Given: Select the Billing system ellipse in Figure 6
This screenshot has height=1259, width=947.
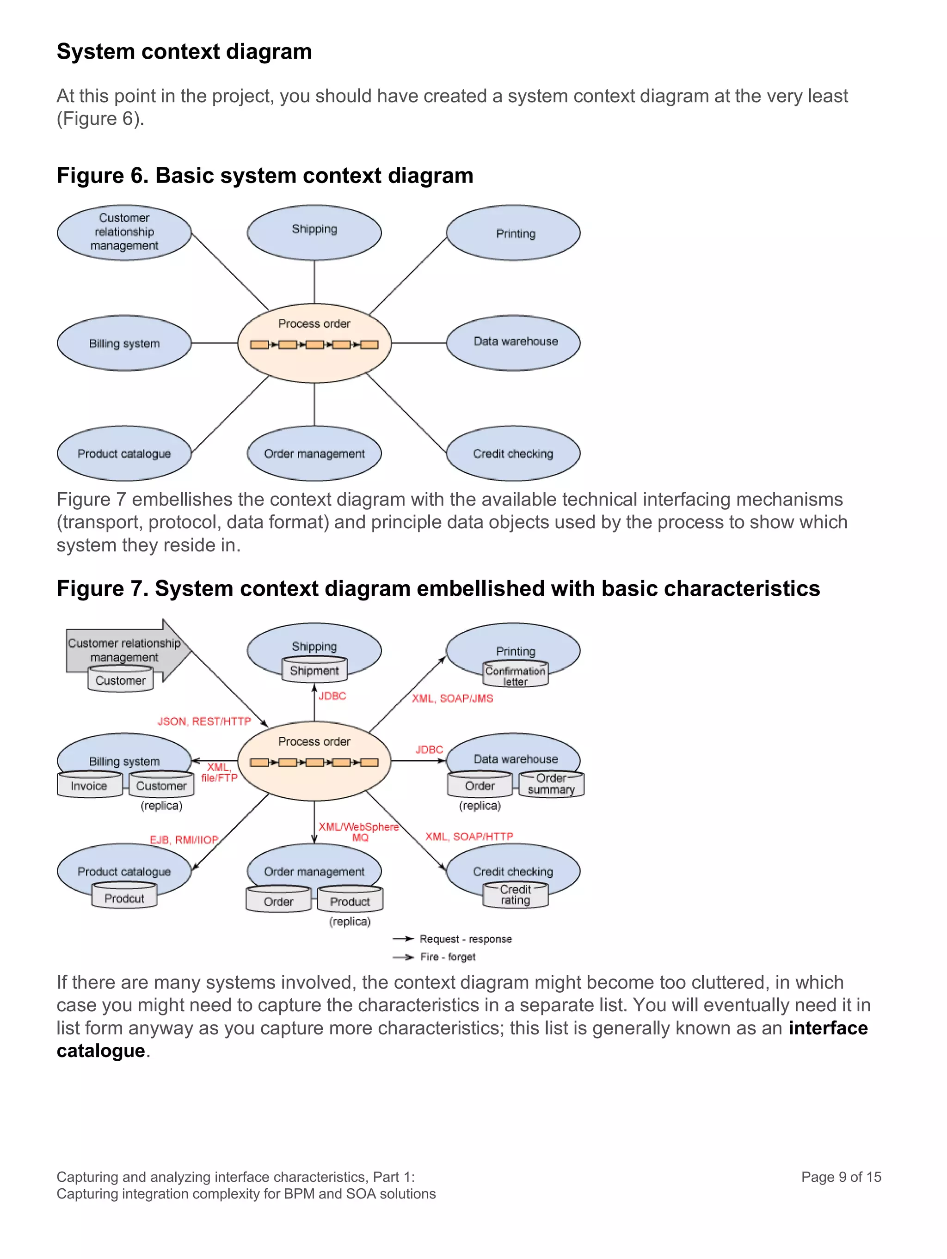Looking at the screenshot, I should click(x=124, y=343).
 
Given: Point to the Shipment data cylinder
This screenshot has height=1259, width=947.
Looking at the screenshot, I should click(x=314, y=671).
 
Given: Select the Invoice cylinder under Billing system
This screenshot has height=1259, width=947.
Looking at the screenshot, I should click(x=89, y=785).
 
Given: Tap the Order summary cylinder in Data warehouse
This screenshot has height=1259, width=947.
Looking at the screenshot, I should click(x=551, y=784).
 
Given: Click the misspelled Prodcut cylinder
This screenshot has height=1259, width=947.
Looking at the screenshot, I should click(x=124, y=898).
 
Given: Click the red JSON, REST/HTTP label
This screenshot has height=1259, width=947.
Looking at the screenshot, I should click(x=204, y=721).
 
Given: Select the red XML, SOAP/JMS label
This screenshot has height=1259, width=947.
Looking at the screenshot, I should click(x=452, y=698).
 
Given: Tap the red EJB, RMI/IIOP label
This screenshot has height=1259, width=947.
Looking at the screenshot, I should click(x=184, y=839).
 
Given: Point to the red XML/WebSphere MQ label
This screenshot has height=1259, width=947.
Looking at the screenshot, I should click(x=359, y=831).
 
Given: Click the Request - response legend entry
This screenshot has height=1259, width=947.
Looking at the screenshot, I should click(x=465, y=939).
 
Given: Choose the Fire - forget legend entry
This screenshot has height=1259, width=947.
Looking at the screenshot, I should click(x=448, y=957).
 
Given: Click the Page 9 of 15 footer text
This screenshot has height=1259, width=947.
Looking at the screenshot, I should click(x=841, y=1176).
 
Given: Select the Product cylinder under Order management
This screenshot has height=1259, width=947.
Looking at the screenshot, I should click(x=350, y=901).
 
